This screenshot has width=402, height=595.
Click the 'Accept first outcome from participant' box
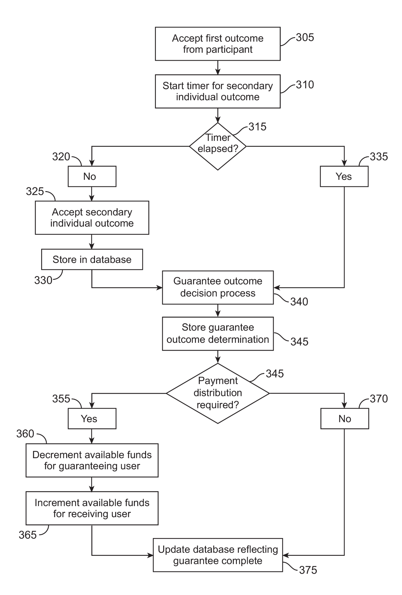pos(217,44)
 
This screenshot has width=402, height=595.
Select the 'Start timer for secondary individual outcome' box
pos(217,91)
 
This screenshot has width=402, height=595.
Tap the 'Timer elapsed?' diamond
pos(218,146)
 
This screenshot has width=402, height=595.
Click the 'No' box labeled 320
pos(92,176)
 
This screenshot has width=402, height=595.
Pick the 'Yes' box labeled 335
pos(344,176)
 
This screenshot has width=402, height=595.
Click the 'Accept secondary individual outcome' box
pos(92,218)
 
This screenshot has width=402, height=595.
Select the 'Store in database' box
pos(92,259)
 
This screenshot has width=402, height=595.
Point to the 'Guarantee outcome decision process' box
pos(218,287)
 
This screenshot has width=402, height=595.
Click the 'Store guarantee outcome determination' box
pos(218,334)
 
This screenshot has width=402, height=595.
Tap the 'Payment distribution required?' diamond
pos(218,393)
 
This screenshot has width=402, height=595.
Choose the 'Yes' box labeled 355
pos(92,418)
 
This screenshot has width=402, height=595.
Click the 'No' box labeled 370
pos(345,418)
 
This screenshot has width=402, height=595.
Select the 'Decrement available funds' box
pos(92,460)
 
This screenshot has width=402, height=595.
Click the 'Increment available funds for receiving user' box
pos(92,508)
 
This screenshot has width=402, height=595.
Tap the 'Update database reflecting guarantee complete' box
pos(218,555)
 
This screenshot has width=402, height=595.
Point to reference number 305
pos(305,37)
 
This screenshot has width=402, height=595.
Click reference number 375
pos(308,570)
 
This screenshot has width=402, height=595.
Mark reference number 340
pos(299,302)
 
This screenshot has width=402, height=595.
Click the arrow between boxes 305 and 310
pos(218,68)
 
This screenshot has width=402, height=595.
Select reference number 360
pos(25,434)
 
